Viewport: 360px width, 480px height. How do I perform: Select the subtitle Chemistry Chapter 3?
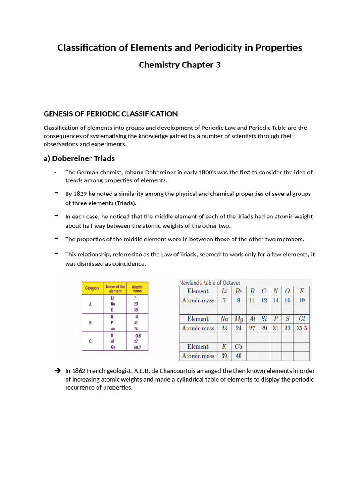[x=180, y=65]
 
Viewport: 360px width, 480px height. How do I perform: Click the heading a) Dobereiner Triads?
[x=79, y=158]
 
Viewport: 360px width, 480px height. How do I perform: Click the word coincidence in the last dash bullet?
[x=127, y=263]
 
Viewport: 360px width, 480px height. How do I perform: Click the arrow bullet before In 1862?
[x=58, y=371]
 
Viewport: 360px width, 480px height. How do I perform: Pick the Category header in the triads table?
[x=92, y=288]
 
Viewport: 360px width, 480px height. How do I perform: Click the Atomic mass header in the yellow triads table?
[x=137, y=288]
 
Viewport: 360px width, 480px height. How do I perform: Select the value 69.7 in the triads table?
[x=137, y=347]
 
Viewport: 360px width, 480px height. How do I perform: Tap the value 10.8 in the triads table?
[x=137, y=336]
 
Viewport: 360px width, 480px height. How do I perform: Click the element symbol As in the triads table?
[x=113, y=329]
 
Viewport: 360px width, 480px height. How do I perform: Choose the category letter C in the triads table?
[x=90, y=342]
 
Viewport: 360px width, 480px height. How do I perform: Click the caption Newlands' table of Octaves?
[x=210, y=283]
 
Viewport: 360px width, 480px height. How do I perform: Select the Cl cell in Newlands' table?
[x=301, y=319]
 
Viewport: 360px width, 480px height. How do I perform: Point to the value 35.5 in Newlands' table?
[x=301, y=328]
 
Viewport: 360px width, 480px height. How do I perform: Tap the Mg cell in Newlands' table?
[x=239, y=319]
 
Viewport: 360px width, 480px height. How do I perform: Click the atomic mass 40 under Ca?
[x=239, y=356]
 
